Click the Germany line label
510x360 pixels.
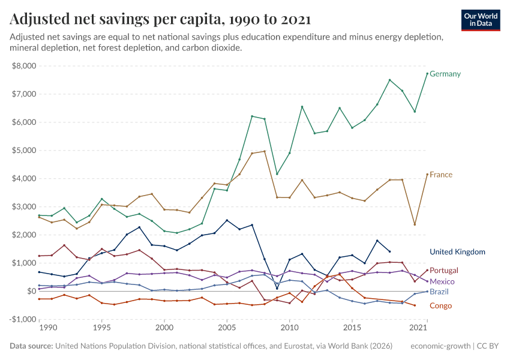pyautogui.click(x=445, y=74)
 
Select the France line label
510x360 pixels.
pyautogui.click(x=441, y=175)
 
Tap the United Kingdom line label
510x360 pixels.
pyautogui.click(x=457, y=252)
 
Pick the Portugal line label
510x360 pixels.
pyautogui.click(x=444, y=271)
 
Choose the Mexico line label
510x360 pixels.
pyautogui.click(x=442, y=281)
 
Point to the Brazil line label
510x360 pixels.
pyautogui.click(x=439, y=292)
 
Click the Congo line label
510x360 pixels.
pyautogui.click(x=440, y=306)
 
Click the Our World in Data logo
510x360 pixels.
pyautogui.click(x=481, y=20)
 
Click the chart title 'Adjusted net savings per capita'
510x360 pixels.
pyautogui.click(x=160, y=19)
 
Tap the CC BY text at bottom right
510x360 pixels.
pyautogui.click(x=490, y=346)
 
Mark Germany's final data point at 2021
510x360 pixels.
pyautogui.click(x=427, y=74)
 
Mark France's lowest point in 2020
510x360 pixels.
pyautogui.click(x=415, y=224)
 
